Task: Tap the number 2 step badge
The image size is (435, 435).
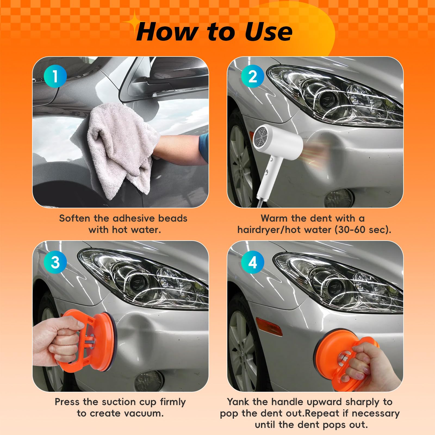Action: (253, 76)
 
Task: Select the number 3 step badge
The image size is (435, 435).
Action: (55, 262)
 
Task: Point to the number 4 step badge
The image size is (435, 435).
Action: (253, 262)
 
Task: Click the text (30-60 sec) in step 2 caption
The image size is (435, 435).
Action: (363, 230)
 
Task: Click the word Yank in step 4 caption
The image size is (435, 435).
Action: (238, 402)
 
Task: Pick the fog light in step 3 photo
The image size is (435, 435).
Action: (148, 381)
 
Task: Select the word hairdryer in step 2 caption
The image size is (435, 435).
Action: (260, 230)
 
